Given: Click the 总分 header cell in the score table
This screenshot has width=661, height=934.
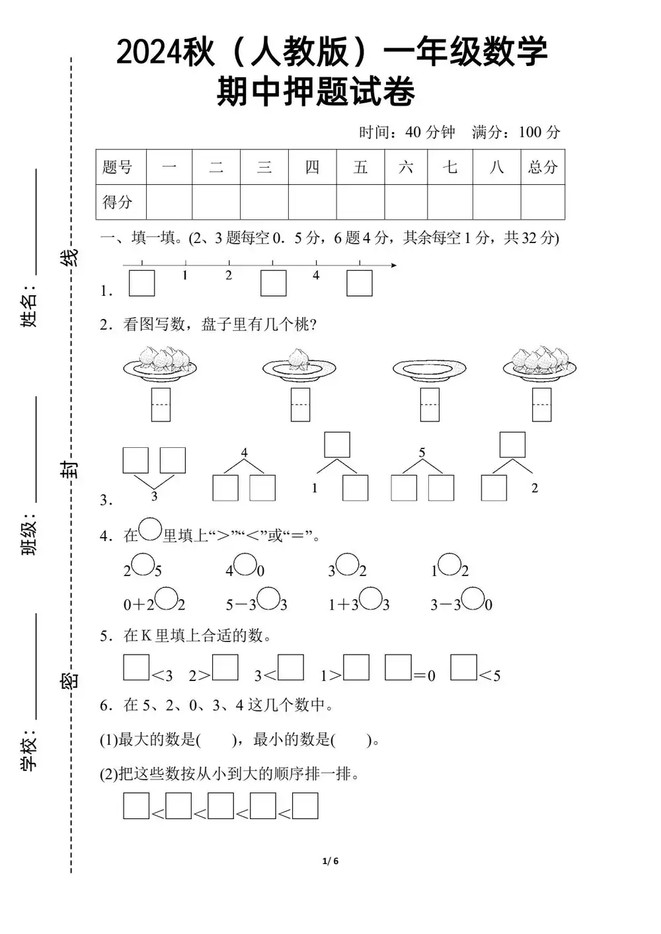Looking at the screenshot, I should [543, 167].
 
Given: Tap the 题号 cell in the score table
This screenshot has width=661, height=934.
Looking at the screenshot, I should [118, 167].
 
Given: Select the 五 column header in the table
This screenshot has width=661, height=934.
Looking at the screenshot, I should [360, 167].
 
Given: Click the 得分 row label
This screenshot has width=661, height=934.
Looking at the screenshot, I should [118, 201].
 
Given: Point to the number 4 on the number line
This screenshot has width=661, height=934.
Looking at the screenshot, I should [316, 275].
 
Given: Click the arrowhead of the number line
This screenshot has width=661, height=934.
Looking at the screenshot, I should [393, 266].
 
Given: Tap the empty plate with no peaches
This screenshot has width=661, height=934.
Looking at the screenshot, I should [429, 370].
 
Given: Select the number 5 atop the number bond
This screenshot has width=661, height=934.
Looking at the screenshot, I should [422, 453].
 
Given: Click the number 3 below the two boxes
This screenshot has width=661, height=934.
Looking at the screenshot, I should [154, 496].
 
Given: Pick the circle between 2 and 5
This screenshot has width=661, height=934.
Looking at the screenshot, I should [142, 565].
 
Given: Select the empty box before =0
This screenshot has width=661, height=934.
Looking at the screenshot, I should [398, 667].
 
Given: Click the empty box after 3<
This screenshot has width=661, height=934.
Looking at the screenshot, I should [290, 667].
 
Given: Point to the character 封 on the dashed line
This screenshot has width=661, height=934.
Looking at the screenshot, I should [69, 470].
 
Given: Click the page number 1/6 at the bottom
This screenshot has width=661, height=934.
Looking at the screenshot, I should [330, 861].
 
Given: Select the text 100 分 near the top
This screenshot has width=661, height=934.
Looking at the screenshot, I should [539, 132].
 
